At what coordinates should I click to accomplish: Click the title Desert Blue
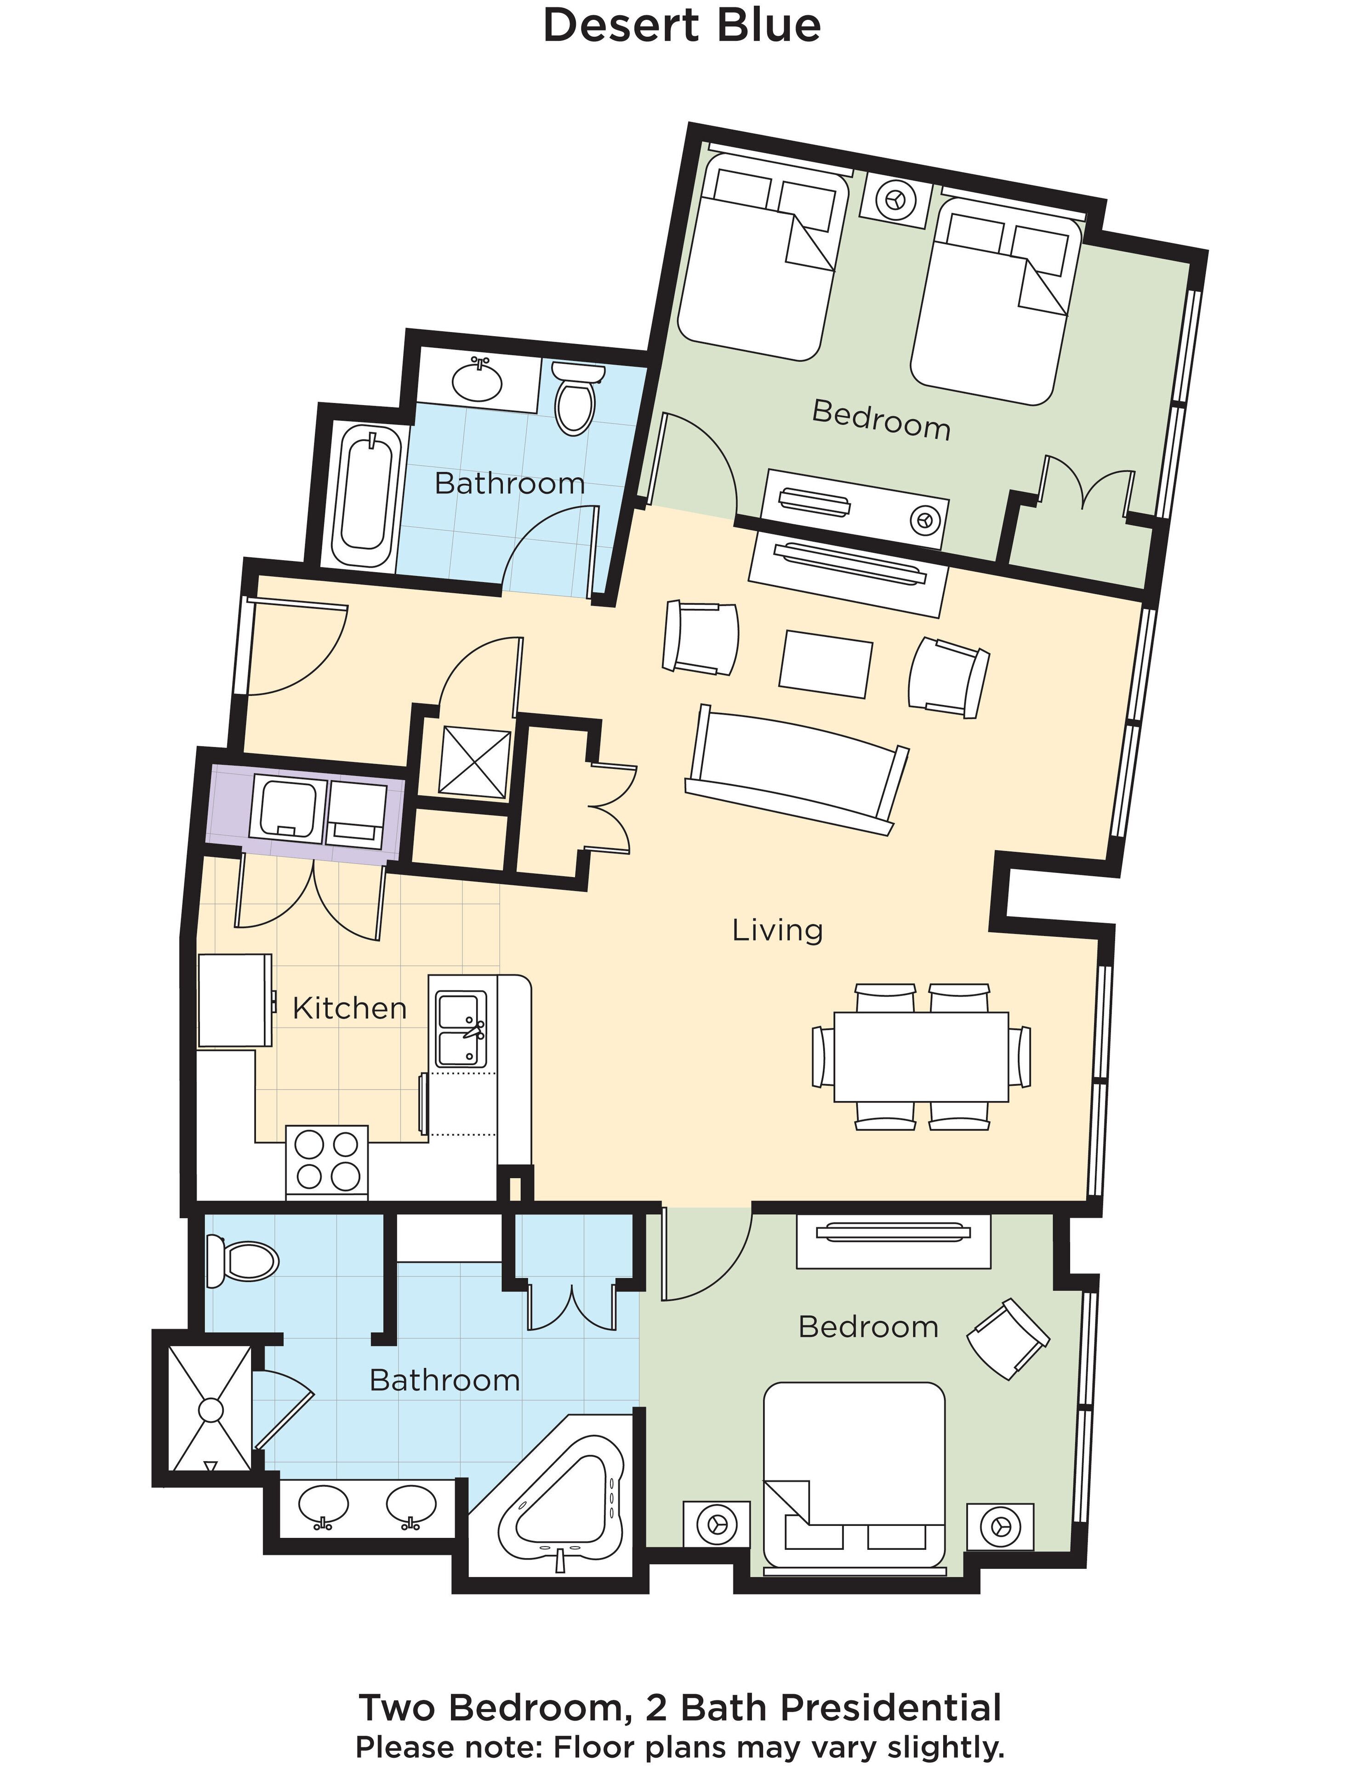pos(681,25)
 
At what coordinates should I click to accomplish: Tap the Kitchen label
pos(349,1009)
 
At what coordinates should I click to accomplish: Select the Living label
pos(777,930)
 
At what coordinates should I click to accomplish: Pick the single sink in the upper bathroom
pos(477,380)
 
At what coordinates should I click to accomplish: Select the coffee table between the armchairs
pos(825,663)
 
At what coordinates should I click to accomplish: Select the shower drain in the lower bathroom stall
pos(210,1410)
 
